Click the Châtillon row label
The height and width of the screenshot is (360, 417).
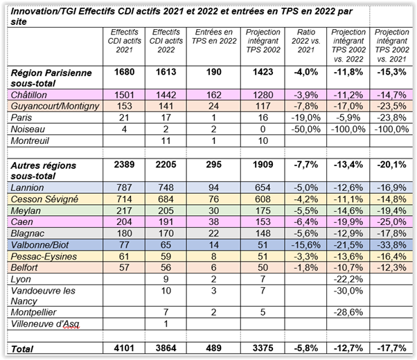(x=28, y=93)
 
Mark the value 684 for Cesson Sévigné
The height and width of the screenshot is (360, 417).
(x=168, y=199)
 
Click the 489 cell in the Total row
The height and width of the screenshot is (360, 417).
(x=216, y=348)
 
